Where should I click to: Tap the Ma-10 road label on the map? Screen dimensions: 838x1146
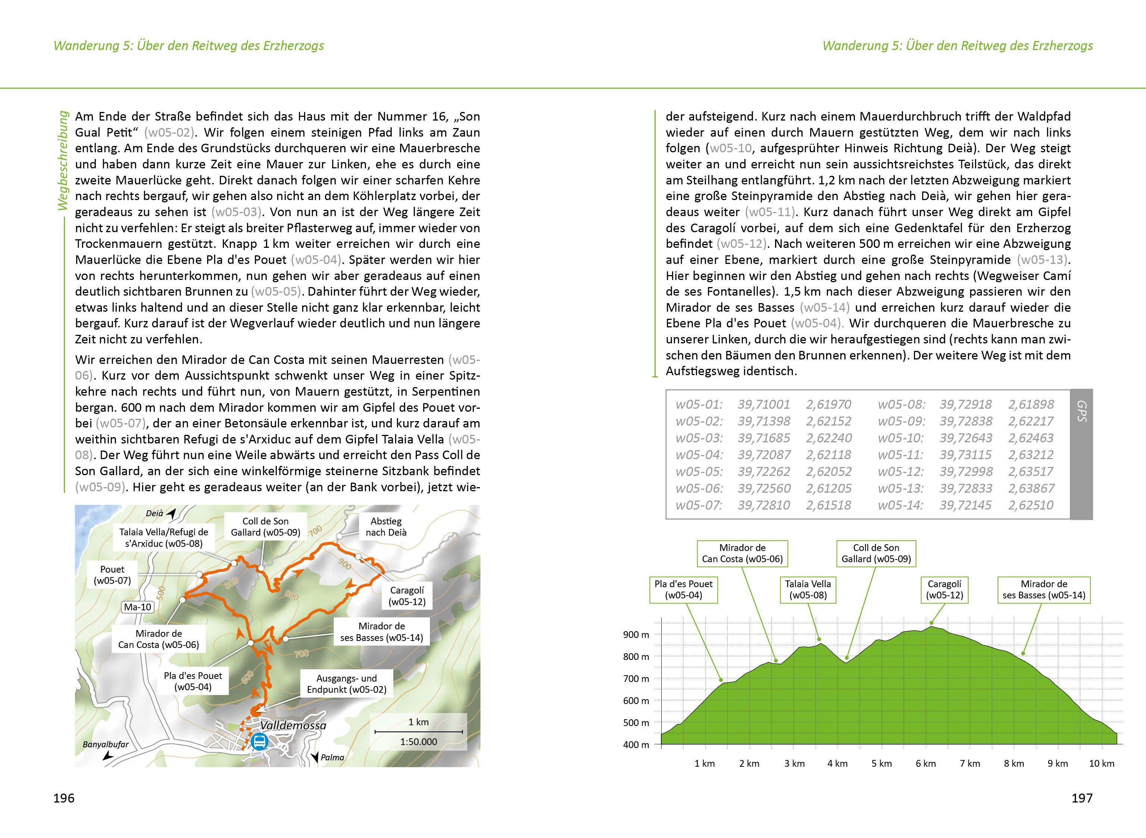click(138, 607)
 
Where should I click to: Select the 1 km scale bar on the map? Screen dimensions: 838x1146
click(418, 732)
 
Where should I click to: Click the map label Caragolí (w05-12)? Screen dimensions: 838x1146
click(407, 596)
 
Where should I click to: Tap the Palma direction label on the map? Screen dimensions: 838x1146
click(332, 757)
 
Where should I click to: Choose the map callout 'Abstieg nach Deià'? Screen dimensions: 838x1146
click(386, 527)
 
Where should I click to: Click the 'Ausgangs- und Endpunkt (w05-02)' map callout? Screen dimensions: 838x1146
click(346, 684)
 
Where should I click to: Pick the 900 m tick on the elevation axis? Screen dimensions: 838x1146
click(636, 635)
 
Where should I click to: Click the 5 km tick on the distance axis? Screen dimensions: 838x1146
click(881, 763)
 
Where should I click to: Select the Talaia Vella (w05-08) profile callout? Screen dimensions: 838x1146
click(808, 589)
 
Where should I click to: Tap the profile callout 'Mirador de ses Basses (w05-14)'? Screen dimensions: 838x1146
click(1044, 589)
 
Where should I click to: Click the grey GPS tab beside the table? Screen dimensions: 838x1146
click(1081, 454)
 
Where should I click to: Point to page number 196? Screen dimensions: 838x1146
click(64, 798)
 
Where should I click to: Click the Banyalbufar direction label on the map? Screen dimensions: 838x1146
click(106, 745)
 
